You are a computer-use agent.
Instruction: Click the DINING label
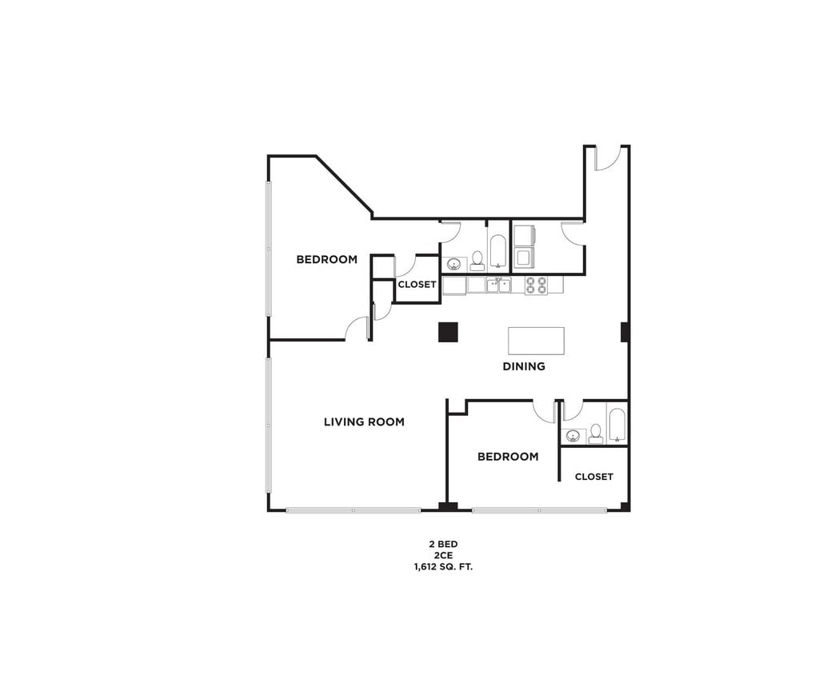[524, 366]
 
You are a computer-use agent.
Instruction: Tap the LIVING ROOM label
[364, 421]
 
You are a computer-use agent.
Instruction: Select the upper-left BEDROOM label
[326, 259]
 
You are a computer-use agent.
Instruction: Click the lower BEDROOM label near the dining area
[508, 457]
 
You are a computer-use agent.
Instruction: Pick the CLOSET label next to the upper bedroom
[417, 285]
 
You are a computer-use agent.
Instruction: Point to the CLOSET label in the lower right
[593, 477]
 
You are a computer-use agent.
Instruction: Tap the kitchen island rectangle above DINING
[536, 341]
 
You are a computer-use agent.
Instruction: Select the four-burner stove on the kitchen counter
[536, 285]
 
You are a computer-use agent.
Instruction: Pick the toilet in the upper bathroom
[477, 259]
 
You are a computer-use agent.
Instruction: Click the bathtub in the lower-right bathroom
[617, 425]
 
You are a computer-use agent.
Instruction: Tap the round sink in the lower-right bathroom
[572, 436]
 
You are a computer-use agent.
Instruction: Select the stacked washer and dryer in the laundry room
[523, 246]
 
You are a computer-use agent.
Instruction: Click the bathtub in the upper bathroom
[497, 250]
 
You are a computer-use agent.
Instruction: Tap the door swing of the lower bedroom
[546, 412]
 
